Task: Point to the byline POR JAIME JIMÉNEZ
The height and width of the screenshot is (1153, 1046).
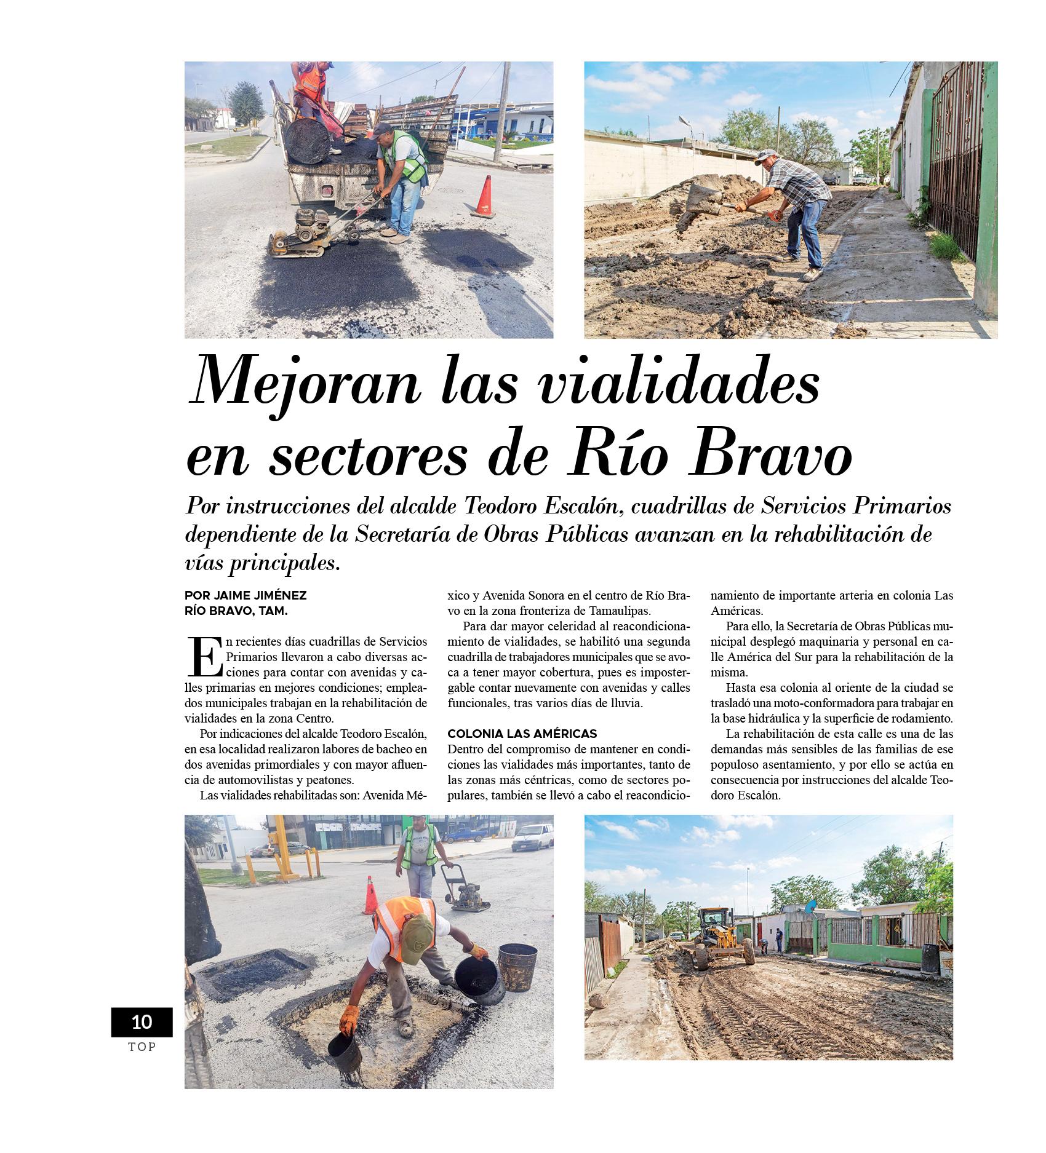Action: coord(246,595)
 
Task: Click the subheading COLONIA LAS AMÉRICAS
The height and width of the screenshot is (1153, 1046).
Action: coord(522,734)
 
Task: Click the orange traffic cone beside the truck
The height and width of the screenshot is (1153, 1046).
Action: coord(484,196)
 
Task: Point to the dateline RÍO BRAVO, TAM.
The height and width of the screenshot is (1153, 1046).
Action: coord(236,611)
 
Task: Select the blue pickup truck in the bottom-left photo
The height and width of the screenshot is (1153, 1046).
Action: coord(465,835)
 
